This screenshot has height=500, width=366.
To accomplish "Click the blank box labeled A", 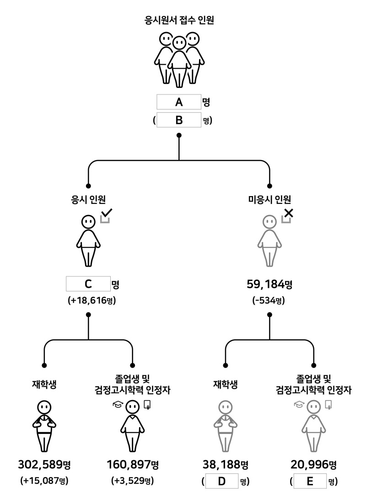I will [179, 102].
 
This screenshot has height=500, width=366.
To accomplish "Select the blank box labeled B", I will [179, 120].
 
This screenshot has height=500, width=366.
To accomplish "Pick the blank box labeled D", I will [221, 482].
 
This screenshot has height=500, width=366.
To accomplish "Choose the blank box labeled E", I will [310, 482].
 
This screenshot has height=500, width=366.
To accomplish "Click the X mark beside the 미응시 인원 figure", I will [289, 213].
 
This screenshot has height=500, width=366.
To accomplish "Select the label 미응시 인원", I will [269, 199].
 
